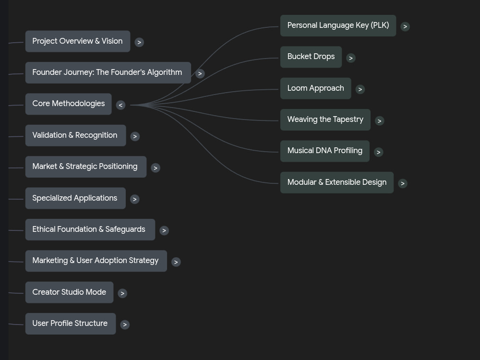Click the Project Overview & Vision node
click(78, 41)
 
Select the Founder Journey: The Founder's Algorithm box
click(108, 72)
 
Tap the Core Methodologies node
click(68, 104)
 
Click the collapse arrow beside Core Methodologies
click(120, 105)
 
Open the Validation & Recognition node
click(76, 135)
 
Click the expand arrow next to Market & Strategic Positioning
click(156, 168)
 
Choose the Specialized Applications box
click(75, 198)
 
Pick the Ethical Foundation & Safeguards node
click(90, 229)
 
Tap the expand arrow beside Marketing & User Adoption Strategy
click(176, 262)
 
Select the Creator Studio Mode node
click(69, 292)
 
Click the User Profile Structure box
click(71, 324)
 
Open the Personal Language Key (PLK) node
click(338, 26)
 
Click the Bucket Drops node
click(311, 57)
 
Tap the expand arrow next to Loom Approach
click(360, 89)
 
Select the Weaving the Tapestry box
click(325, 120)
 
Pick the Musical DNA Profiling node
click(325, 151)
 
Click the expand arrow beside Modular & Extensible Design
click(403, 183)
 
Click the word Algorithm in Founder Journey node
click(164, 72)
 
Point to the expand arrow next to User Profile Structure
click(125, 324)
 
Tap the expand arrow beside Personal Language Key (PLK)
click(405, 26)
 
